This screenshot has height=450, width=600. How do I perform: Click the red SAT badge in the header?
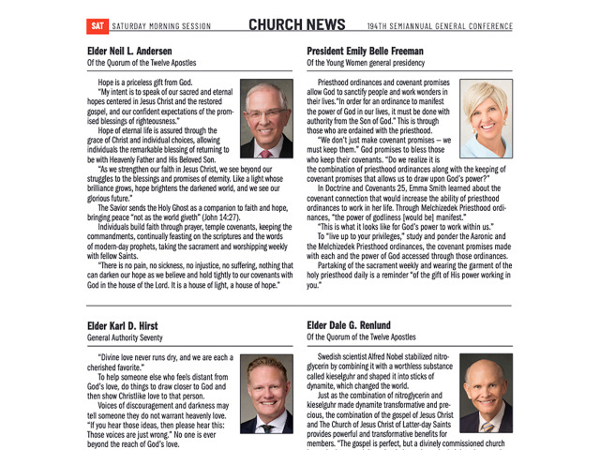point(97,25)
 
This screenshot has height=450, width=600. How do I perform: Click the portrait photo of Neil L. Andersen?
point(266,119)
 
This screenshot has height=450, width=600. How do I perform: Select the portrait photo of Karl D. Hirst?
point(266,394)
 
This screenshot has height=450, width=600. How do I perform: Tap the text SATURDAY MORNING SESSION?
point(167,25)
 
